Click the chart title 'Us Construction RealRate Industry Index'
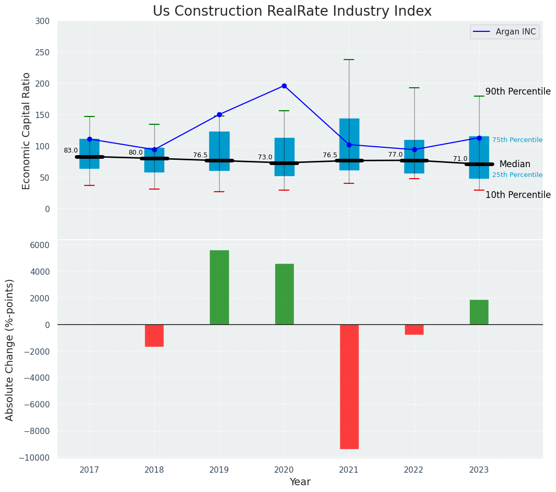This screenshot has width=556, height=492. [292, 11]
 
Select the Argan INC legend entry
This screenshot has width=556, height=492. [504, 32]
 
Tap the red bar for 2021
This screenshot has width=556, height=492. [349, 386]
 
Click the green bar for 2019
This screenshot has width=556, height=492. [219, 287]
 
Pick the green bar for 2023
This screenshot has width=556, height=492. [479, 312]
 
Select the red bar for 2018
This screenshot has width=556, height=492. [154, 335]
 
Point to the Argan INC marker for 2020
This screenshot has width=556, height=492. [284, 86]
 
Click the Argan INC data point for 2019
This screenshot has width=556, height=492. [219, 114]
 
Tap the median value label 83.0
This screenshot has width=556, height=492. [71, 150]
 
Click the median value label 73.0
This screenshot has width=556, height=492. [265, 157]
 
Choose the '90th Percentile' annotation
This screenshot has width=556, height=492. [518, 92]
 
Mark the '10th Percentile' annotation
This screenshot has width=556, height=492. [518, 195]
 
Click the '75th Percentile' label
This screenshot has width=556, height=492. [517, 140]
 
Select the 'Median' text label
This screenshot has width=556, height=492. [515, 164]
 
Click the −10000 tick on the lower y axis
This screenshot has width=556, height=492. [35, 458]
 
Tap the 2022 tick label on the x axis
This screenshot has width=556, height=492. [414, 470]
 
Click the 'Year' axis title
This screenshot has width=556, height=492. [300, 482]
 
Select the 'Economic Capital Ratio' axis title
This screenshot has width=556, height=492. [27, 131]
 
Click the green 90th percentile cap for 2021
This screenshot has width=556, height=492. [349, 60]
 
